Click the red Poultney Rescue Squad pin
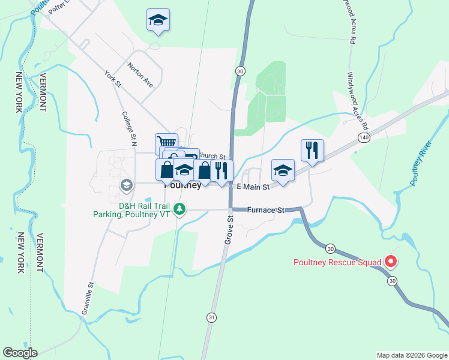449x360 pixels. tap(391, 261)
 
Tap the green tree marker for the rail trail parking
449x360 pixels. tap(179, 209)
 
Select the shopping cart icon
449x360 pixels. tap(166, 143)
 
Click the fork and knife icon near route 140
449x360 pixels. tap(312, 150)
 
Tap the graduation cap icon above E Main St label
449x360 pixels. tap(283, 170)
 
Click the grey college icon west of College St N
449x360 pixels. tap(126, 184)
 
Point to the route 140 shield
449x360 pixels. tap(364, 137)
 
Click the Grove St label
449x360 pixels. tap(229, 227)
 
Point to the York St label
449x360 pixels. tap(112, 79)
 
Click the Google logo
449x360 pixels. tap(20, 353)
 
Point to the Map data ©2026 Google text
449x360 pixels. tap(411, 355)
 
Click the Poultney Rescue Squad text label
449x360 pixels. tap(337, 262)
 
